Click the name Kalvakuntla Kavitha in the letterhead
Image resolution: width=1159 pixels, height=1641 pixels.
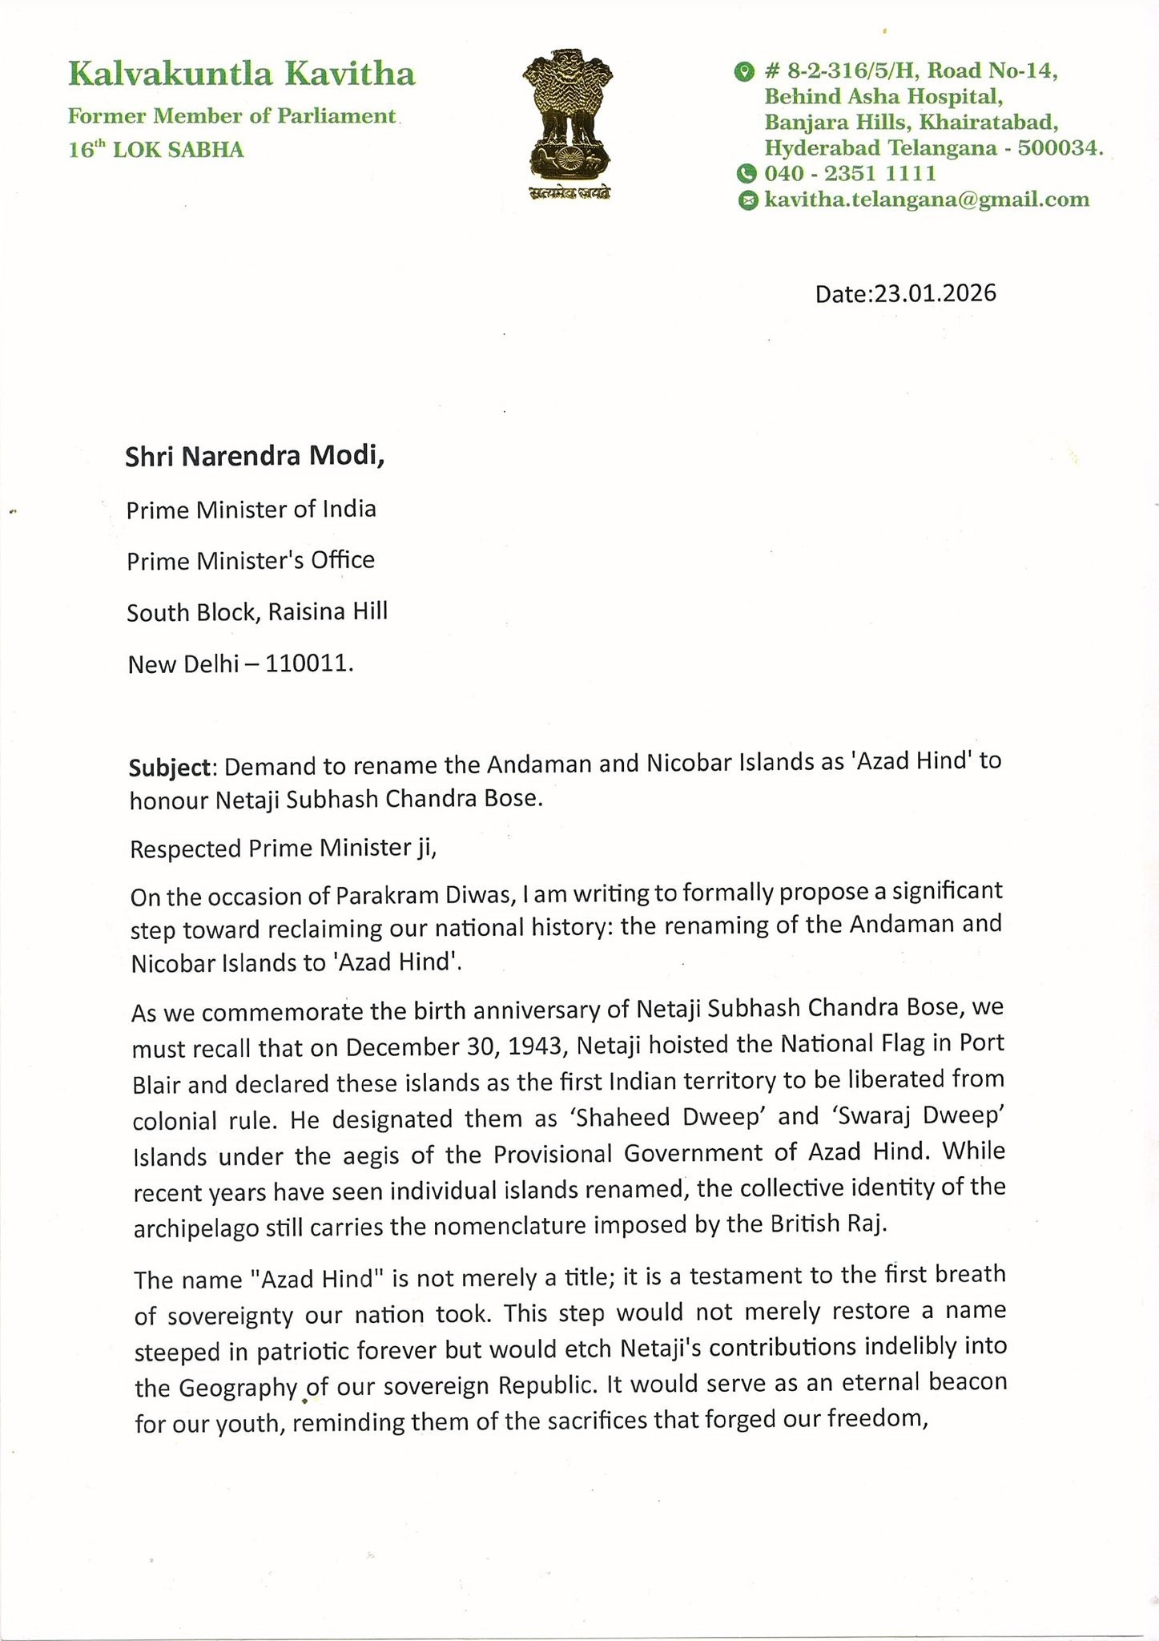point(241,75)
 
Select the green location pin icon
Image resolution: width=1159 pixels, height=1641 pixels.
point(744,72)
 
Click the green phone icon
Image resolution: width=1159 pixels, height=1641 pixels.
point(747,173)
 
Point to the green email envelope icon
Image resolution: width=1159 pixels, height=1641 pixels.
point(747,200)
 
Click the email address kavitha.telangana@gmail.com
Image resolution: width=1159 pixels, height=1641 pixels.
point(927,200)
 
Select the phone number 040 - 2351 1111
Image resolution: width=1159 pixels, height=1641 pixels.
point(850,173)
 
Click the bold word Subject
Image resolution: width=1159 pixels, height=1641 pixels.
point(171,767)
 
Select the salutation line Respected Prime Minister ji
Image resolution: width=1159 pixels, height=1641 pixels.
point(283,849)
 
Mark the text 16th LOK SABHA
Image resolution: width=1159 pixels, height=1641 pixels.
point(155,150)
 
